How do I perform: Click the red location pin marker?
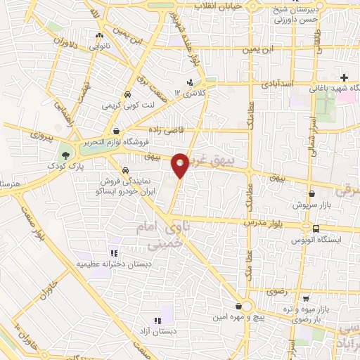(181, 165)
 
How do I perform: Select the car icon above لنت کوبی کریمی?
(127, 94)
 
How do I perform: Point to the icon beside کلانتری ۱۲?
(190, 82)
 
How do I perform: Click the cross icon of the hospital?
(343, 77)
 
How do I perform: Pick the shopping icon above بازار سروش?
(311, 193)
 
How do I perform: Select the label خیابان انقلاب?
(222, 6)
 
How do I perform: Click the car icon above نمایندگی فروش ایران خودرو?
(124, 170)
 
